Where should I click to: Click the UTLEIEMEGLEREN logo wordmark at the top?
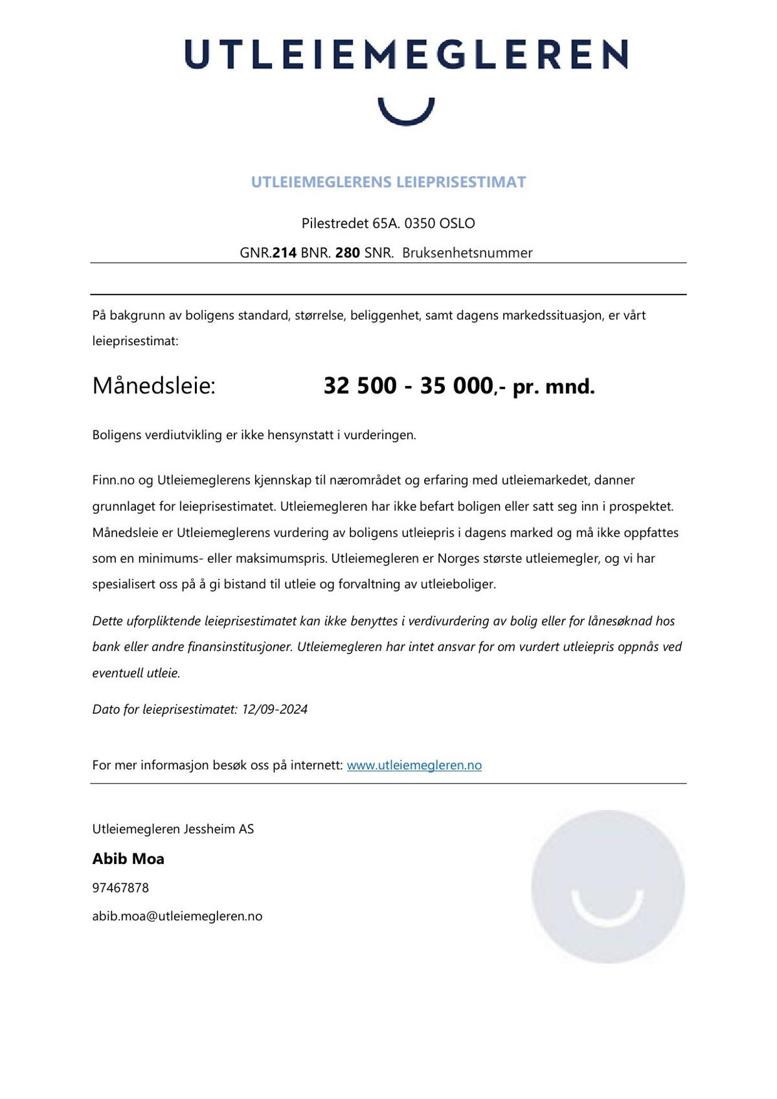(406, 54)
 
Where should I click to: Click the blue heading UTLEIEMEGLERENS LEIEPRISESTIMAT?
(388, 182)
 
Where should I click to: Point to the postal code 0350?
(420, 223)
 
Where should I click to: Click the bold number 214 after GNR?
(284, 253)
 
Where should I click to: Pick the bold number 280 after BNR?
(347, 253)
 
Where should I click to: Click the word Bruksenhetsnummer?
(467, 253)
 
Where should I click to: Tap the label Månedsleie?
(153, 386)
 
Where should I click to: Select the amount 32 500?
(360, 386)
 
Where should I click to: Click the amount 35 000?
(456, 386)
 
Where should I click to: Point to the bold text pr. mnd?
(554, 387)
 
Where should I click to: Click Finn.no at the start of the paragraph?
(113, 481)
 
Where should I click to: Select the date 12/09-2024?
(275, 710)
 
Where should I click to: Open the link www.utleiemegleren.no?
(414, 765)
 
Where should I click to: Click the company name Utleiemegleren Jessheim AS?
(173, 830)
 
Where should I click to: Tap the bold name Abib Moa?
(128, 859)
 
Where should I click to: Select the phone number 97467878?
(120, 889)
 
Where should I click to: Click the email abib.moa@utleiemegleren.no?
(177, 917)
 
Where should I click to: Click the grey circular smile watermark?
(607, 886)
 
